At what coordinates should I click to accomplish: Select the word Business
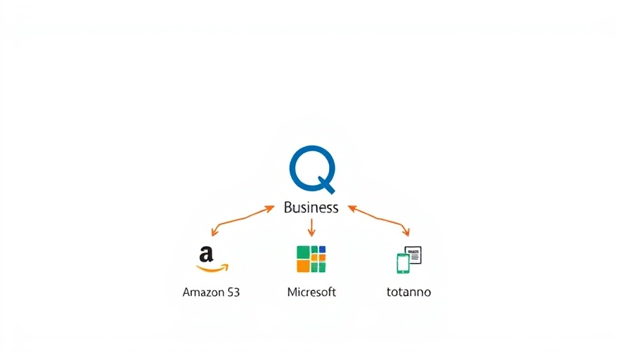311,207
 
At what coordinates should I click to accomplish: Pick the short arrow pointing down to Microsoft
311,227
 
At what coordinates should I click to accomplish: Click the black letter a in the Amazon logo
206,255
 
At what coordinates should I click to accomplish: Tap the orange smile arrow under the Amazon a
212,269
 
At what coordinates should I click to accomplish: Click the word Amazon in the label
202,292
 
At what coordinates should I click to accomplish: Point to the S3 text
233,292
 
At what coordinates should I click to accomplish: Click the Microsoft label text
311,292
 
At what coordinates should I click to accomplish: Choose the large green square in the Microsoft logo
303,253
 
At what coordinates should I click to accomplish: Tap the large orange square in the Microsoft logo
303,266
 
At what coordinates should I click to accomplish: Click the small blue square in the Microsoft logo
322,250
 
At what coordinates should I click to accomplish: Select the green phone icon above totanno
403,264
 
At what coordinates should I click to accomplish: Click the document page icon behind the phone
413,255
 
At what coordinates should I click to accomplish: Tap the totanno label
409,292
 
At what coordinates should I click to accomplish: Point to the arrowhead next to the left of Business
270,208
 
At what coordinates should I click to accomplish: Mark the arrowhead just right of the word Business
352,208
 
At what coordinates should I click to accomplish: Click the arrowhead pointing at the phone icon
406,232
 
